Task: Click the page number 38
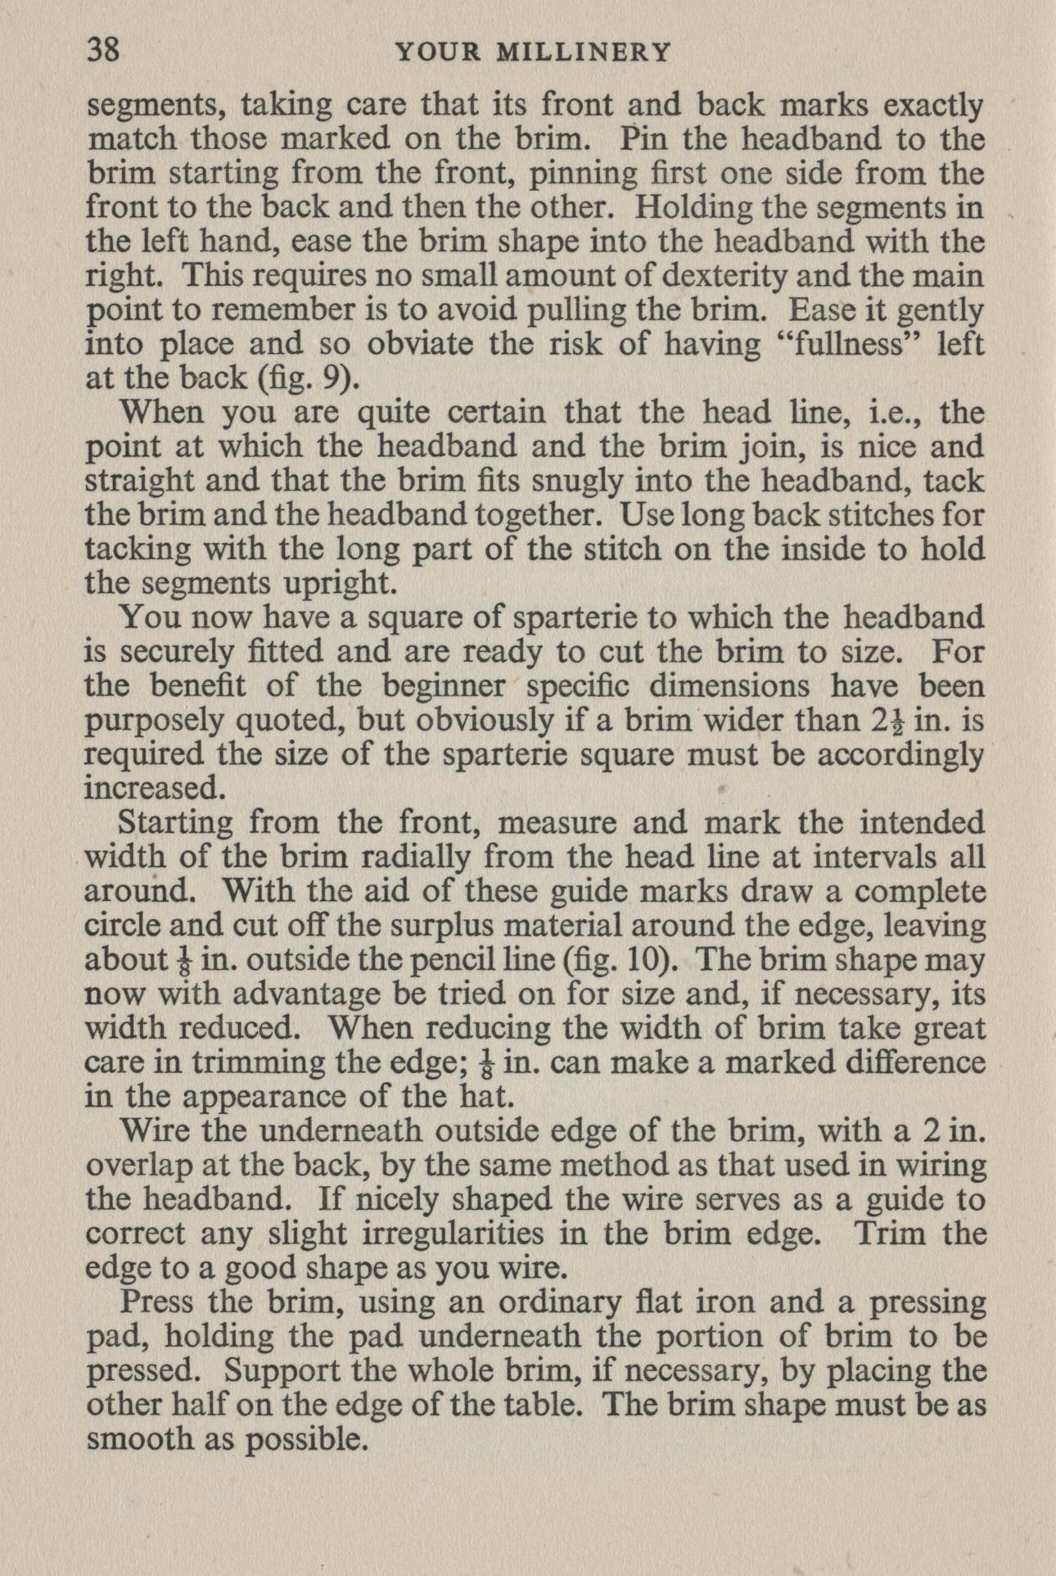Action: [103, 52]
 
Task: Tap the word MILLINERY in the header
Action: [585, 53]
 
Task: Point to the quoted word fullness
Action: [847, 346]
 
